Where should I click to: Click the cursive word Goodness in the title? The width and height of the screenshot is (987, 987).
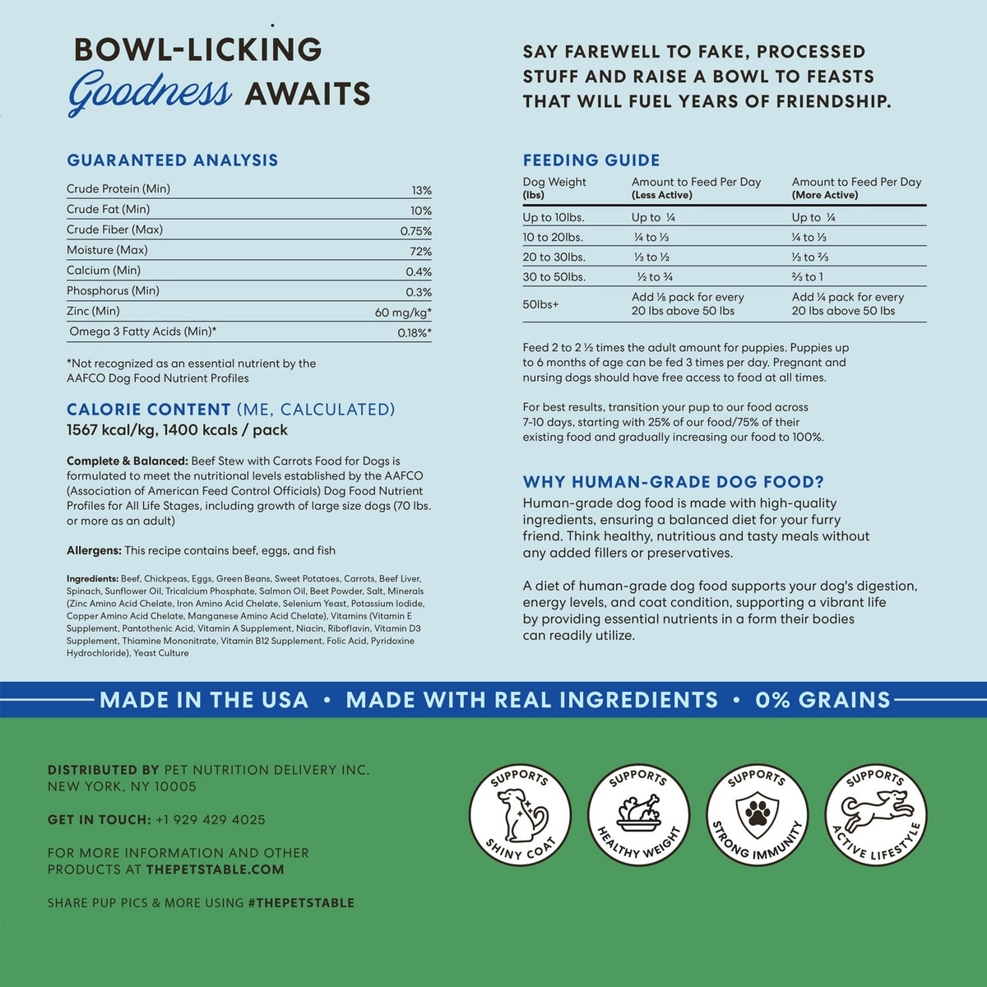[150, 92]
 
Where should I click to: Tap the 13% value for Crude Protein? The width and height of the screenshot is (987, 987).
[421, 190]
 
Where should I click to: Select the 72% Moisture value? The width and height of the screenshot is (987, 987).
[420, 252]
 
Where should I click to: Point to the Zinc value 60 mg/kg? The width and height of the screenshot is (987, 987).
[402, 313]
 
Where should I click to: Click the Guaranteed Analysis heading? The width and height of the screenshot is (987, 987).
[173, 160]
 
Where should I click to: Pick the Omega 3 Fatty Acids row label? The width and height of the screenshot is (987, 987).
[142, 331]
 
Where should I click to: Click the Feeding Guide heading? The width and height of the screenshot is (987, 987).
[591, 160]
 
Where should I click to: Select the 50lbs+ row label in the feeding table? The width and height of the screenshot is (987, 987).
[540, 304]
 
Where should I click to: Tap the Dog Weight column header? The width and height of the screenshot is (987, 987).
[554, 183]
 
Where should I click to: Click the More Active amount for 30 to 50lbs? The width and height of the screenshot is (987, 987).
[807, 277]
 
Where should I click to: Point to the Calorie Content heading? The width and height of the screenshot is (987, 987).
[149, 410]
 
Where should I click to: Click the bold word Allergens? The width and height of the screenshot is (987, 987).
[94, 550]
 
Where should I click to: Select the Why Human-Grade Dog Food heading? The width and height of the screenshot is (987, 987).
[673, 482]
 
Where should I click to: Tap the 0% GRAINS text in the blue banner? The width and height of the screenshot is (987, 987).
[822, 700]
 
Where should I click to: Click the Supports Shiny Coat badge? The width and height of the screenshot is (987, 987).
[520, 814]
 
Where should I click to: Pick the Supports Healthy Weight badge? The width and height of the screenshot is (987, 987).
[638, 814]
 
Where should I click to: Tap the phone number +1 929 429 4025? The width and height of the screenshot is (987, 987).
[210, 820]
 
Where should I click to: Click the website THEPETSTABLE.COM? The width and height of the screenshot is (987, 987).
[215, 869]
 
